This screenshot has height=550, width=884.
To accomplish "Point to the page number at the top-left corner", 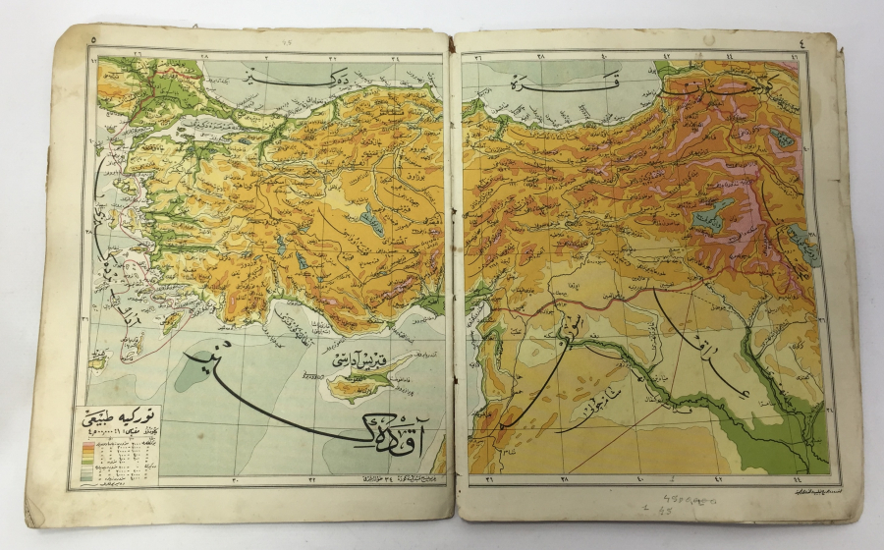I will coord(90,40).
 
